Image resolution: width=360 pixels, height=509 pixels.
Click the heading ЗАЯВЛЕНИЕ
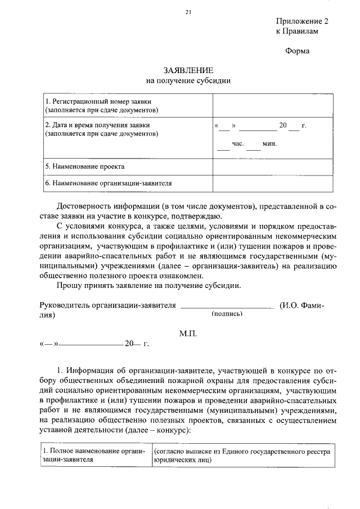[x=188, y=70]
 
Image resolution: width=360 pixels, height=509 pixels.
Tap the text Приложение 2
[x=301, y=21]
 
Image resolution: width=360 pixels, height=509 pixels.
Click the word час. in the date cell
[x=237, y=144]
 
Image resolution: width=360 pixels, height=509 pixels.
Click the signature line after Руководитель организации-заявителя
[x=227, y=308]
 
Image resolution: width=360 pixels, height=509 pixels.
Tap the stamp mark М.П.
[x=188, y=333]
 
